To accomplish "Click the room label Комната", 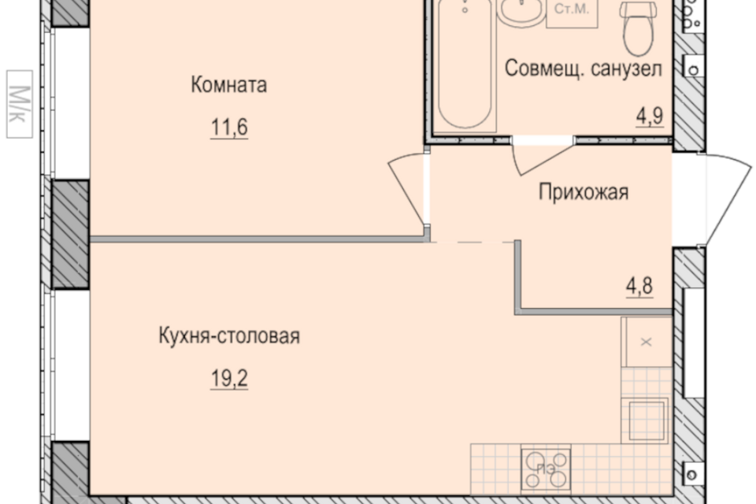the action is [x=228, y=85].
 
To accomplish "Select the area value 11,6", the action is [x=229, y=128].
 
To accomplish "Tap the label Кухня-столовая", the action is [x=229, y=335].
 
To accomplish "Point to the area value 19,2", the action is [x=229, y=379].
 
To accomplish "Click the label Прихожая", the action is [x=584, y=192].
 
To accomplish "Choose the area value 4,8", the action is [x=639, y=286].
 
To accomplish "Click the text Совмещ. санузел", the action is [x=583, y=69].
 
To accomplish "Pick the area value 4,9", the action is [x=650, y=116].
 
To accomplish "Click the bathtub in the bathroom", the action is [x=465, y=65].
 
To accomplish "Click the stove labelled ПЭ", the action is [x=546, y=469].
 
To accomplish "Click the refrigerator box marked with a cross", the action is [x=646, y=342].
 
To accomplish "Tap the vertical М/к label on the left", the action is [x=19, y=104].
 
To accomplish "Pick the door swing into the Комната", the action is [x=407, y=188].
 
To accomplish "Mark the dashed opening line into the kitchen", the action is [x=472, y=241].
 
